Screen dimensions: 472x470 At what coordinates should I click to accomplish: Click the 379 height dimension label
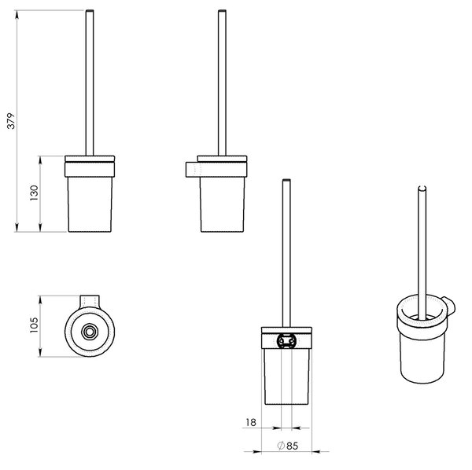point(11,121)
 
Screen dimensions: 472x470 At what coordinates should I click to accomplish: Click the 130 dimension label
point(35,193)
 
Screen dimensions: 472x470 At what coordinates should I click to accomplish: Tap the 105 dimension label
point(35,325)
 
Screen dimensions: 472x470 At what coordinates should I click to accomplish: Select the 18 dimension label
point(251,423)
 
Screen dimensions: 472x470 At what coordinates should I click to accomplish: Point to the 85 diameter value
point(292,446)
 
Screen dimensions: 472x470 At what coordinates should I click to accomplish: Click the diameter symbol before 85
point(281,446)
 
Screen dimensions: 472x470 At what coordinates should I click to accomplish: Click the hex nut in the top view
point(90,332)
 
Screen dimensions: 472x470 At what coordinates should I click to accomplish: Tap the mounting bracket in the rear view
point(286,340)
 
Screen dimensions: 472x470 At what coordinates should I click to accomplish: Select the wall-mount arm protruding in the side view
point(193,170)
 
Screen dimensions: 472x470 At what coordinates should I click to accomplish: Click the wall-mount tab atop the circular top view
point(90,301)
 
